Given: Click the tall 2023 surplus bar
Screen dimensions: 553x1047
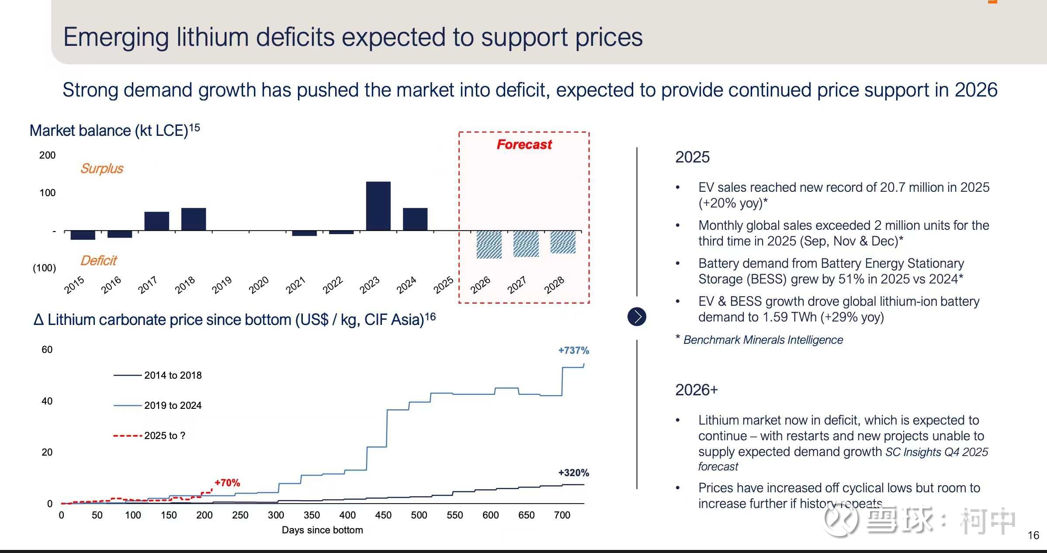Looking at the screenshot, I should click(378, 206).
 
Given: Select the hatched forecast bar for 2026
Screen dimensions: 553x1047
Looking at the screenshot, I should click(489, 245).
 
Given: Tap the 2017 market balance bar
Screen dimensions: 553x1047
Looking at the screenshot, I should click(156, 221).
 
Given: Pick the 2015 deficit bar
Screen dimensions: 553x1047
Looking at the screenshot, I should click(83, 235).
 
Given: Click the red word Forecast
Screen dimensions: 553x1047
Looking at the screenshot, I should click(524, 145).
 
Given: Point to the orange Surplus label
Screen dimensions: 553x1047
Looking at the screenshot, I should click(102, 169).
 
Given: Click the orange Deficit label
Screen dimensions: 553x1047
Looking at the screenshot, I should click(99, 261).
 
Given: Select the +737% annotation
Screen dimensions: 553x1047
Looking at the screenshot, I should click(573, 350).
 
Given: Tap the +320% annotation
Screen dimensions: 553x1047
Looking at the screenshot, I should click(573, 473).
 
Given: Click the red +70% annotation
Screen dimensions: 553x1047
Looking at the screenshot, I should click(227, 483).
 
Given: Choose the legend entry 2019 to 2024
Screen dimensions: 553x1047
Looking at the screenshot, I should click(173, 405).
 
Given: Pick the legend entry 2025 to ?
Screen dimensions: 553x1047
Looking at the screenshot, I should click(164, 435).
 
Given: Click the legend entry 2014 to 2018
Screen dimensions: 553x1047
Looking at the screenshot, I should click(173, 375).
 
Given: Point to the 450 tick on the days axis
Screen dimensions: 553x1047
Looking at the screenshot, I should click(383, 515).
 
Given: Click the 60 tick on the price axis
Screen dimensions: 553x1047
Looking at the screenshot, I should click(47, 349).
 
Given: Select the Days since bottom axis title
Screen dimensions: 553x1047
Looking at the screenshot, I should click(322, 530).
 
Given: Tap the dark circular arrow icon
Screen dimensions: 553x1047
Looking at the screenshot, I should click(637, 317).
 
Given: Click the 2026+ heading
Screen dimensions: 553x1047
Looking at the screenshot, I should click(696, 390).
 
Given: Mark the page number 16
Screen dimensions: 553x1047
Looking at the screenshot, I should click(1033, 535).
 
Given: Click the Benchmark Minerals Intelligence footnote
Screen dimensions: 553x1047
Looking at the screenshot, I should click(763, 340).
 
